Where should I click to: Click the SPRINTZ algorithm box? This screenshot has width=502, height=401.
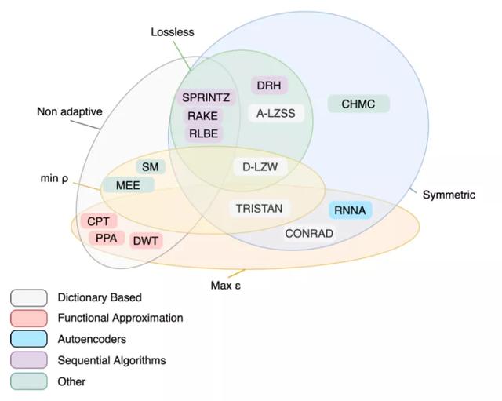(x=206, y=97)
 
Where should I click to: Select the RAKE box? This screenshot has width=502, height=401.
(x=202, y=115)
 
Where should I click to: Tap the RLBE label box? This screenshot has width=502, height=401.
(x=203, y=133)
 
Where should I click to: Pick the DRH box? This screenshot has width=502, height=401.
(x=269, y=86)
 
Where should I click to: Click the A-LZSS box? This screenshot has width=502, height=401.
(x=276, y=113)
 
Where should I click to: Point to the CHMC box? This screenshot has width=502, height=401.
(x=358, y=104)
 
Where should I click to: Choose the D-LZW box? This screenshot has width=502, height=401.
(x=260, y=167)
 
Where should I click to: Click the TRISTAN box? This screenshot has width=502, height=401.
(x=260, y=209)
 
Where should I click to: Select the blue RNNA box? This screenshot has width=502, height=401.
(x=350, y=210)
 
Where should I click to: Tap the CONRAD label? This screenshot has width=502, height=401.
(x=309, y=234)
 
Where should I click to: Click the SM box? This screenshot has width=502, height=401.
(x=150, y=166)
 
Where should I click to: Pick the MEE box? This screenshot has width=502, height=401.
(x=128, y=185)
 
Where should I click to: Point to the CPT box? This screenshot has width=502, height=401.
(x=98, y=221)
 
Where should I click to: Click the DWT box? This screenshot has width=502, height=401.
(x=146, y=241)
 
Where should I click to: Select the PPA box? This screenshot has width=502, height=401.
(x=107, y=238)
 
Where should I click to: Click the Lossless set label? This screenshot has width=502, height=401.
(x=173, y=32)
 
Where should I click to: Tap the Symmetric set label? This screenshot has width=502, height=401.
(x=449, y=195)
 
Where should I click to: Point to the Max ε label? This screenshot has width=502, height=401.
(x=225, y=285)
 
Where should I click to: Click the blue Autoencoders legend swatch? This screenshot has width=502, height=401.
(x=29, y=339)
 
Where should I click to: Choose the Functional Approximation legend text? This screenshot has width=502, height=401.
(x=120, y=318)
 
